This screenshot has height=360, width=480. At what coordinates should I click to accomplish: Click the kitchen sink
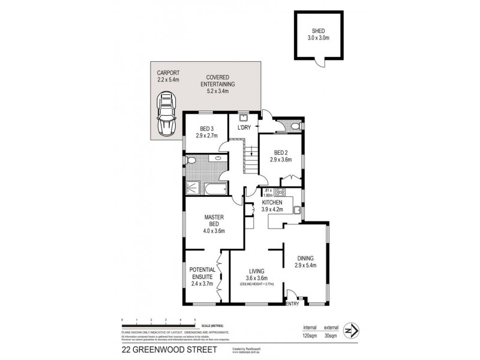pos(296,209)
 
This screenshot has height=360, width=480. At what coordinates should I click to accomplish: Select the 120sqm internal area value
pos(309,337)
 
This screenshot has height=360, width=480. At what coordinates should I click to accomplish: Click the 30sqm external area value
pos(329,337)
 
